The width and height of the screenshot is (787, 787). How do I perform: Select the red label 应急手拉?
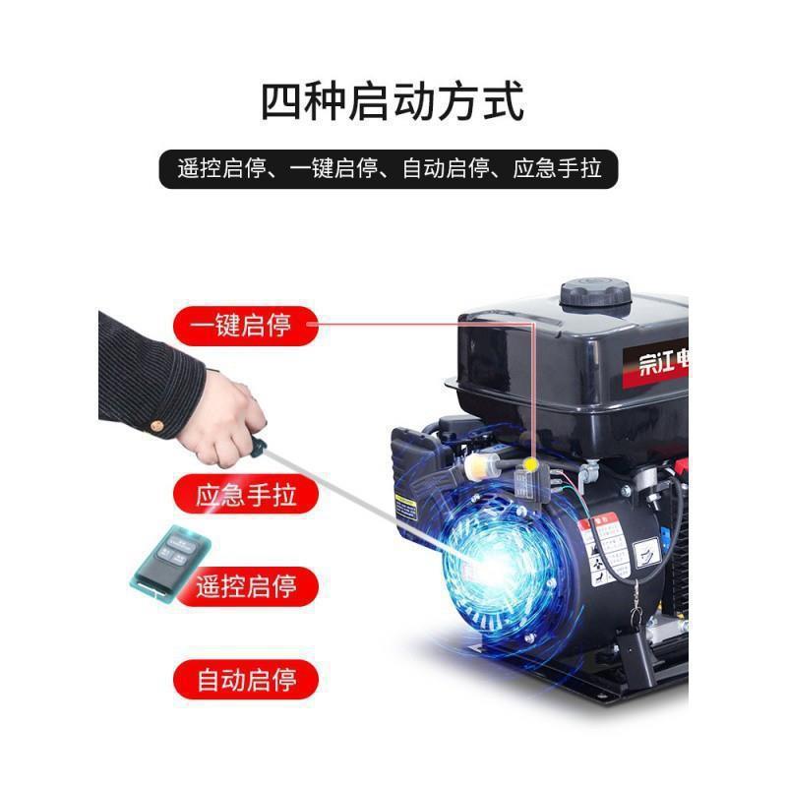pyautogui.click(x=245, y=492)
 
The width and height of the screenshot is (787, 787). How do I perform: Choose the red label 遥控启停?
pyautogui.click(x=245, y=587)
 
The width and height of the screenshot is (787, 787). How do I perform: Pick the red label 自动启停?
pyautogui.click(x=245, y=680)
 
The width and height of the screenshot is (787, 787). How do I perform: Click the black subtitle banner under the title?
pyautogui.click(x=393, y=168)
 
